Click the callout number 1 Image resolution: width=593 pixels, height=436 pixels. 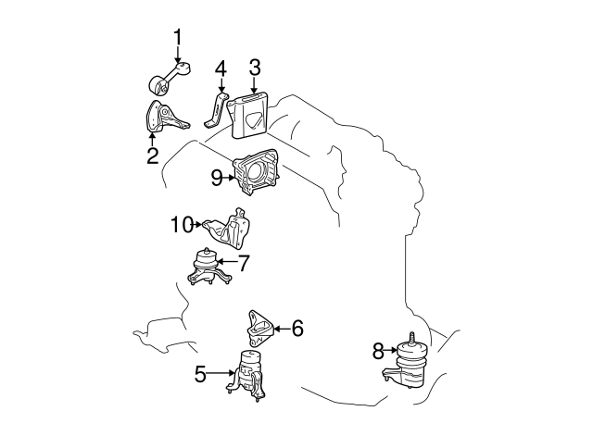177,37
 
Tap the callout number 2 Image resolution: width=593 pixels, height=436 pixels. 152,155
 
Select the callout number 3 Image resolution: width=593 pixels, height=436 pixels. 255,68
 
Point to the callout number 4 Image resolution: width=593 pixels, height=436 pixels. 221,69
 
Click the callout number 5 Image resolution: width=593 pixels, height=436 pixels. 200,374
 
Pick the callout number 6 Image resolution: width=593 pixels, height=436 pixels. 297,328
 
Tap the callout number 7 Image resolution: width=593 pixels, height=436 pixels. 243,263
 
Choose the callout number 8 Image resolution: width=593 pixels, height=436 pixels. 378,351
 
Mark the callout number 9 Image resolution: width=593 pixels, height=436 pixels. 217,178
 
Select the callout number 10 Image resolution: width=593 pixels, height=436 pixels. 183,225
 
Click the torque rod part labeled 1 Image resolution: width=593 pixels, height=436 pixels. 169,78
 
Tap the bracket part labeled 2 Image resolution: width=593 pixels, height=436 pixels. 165,118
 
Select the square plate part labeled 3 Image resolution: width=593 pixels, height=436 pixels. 248,116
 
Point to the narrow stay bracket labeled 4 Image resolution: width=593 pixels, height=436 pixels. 217,109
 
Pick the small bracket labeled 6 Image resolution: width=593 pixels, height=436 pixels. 259,328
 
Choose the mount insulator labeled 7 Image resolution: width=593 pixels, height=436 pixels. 208,267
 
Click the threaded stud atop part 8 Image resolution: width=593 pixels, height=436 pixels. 411,338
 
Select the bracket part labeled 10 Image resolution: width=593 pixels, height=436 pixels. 228,229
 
